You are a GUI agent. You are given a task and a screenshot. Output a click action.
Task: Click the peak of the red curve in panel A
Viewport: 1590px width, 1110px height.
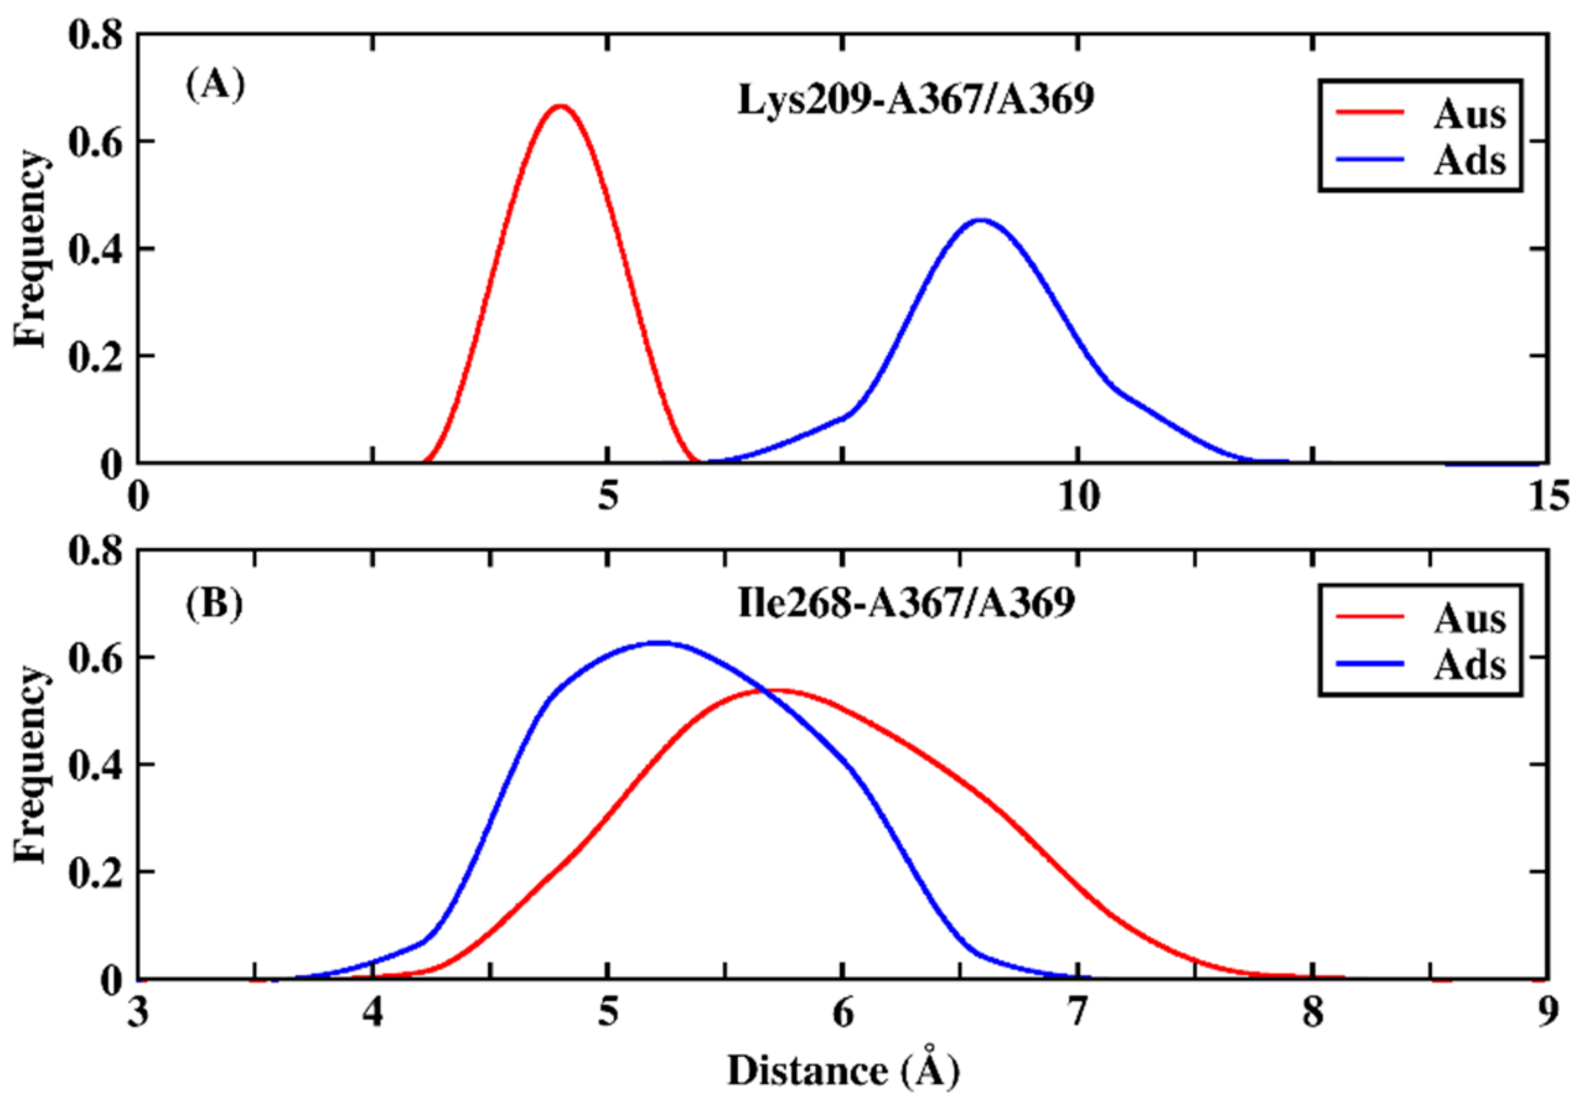[x=561, y=106]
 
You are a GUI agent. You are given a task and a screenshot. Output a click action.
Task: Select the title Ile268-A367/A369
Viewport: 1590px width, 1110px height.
[x=906, y=603]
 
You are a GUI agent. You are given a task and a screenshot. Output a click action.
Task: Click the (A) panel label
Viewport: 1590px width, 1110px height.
[x=215, y=85]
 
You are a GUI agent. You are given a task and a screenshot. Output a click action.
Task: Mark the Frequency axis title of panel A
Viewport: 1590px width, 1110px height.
[x=31, y=250]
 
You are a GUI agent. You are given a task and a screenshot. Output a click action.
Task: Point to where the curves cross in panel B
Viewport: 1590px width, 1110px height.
[x=762, y=690]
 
